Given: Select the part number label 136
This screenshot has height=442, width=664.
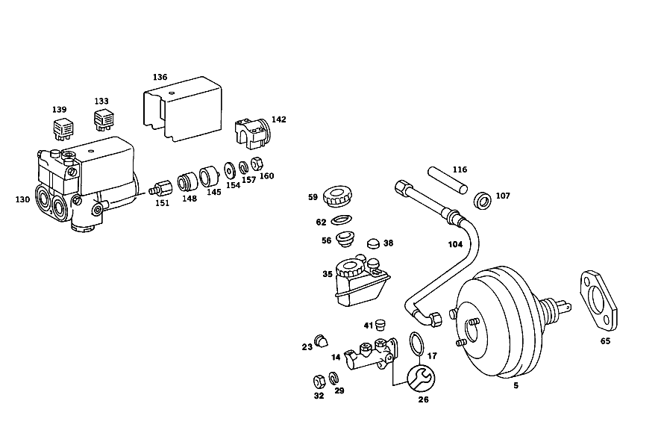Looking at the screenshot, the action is pos(160,77).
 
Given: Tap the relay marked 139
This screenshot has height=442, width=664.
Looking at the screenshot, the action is pos(63,128).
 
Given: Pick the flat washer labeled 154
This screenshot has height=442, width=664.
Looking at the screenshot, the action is pos(230,170).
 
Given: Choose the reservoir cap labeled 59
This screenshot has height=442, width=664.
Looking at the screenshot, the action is pos(337,196).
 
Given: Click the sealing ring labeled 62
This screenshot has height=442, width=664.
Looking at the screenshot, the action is pos(341,220).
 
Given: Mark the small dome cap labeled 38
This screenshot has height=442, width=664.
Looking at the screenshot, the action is pos(374,243).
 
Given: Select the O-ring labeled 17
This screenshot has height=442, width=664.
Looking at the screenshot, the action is pos(417,343).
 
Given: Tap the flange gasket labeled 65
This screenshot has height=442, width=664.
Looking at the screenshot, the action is pos(598,300).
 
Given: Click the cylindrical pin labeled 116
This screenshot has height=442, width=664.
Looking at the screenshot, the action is pos(447,180).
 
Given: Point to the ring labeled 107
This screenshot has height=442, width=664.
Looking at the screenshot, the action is pos(482,200).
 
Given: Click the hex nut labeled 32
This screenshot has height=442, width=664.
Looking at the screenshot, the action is pos(319,381).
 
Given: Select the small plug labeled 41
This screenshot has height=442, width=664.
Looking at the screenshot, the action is pos(380,325).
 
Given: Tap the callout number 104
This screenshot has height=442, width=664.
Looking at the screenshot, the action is pos(455,244).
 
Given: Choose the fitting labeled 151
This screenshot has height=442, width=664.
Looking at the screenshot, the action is pos(161,188).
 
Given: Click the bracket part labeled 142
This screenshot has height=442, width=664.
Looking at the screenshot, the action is pos(252,133).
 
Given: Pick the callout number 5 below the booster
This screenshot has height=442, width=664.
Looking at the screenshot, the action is pos(516,386).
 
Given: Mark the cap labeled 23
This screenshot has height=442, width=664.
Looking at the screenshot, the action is pos(321,341).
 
